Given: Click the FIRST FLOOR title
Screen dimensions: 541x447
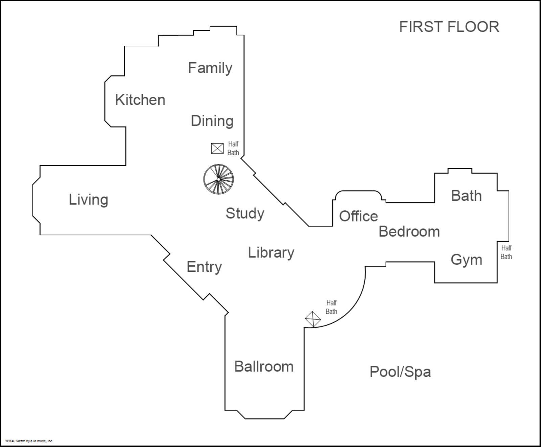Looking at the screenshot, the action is (449, 27).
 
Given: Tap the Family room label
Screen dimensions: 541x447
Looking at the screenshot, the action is (210, 68).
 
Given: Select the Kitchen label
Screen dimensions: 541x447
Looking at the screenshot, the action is (140, 100).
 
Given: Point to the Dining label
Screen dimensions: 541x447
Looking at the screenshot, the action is (212, 121).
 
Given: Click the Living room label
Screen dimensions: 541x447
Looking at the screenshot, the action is (88, 200).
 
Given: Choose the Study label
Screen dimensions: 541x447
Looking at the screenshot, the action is (245, 214).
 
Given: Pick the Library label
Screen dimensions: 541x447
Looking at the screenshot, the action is (271, 253).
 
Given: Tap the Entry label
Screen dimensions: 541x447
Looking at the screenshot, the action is (204, 267).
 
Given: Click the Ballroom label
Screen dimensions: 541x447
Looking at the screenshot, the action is (264, 367).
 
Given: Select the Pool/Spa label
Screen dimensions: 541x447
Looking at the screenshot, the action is (400, 372).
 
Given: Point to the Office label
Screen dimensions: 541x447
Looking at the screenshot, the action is (358, 216).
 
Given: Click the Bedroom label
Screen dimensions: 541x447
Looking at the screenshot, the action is (409, 232).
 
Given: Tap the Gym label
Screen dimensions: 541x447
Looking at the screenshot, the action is (466, 260).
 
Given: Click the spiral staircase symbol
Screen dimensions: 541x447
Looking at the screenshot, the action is (218, 179).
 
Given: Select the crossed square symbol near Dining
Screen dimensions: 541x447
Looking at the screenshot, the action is (217, 148).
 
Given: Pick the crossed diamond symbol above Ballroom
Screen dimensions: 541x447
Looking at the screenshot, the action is (313, 319).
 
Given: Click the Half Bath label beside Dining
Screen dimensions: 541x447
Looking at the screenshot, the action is (233, 148).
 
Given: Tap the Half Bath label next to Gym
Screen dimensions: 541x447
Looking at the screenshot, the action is (506, 252).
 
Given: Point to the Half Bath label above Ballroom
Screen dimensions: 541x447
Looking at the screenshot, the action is (331, 307).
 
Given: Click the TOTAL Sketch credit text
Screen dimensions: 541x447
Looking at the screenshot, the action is (29, 441).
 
